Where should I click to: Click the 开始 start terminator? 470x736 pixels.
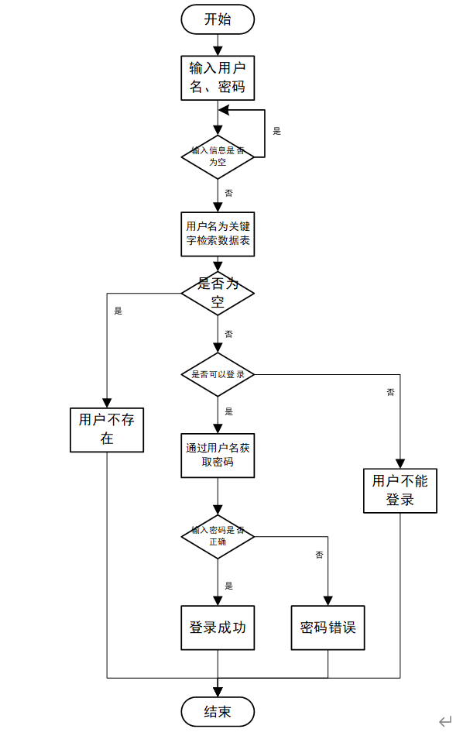(218, 20)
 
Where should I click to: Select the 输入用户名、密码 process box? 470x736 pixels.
(218, 77)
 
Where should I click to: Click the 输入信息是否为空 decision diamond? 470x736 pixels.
(218, 156)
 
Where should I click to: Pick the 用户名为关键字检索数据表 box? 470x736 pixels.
(218, 233)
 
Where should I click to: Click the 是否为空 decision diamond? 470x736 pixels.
(218, 294)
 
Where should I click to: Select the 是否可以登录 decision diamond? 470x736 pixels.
(218, 375)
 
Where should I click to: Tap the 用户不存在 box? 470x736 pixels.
(107, 430)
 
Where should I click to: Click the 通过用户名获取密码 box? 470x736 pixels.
(218, 456)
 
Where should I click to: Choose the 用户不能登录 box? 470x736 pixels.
(400, 490)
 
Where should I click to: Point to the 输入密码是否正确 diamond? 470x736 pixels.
(218, 536)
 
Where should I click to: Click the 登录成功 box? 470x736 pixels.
(218, 628)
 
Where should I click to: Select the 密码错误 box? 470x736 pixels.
(328, 628)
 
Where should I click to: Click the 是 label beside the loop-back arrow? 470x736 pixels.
(277, 132)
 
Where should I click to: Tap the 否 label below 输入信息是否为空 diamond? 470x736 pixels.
(228, 192)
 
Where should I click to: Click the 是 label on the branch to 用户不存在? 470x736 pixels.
(118, 311)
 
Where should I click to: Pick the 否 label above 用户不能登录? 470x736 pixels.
(390, 393)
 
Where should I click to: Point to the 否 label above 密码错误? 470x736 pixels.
(319, 555)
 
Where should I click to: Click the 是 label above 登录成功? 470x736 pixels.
(228, 586)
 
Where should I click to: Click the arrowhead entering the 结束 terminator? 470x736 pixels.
(218, 690)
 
